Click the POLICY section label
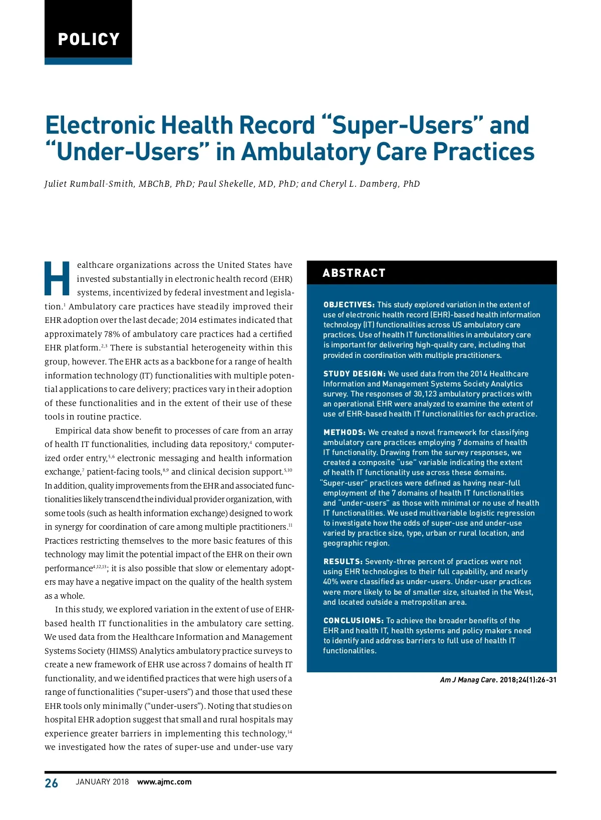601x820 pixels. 89,39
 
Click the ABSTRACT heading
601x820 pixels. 354,273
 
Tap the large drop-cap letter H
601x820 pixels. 57,278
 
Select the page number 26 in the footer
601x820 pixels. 51,783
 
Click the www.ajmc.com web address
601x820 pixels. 164,782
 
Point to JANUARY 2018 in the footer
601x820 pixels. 102,782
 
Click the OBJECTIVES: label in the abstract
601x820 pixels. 349,304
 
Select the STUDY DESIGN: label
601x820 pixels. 354,373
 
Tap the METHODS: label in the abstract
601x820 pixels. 345,432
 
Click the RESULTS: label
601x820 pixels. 343,562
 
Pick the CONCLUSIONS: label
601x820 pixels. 354,620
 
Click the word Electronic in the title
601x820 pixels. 100,125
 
